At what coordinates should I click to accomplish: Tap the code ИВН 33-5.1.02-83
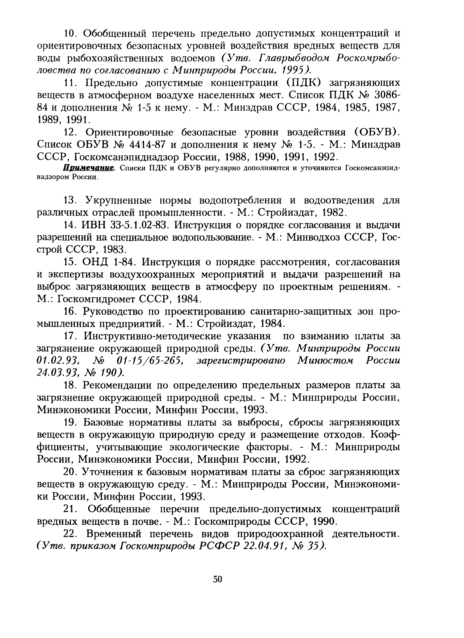pos(125,225)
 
